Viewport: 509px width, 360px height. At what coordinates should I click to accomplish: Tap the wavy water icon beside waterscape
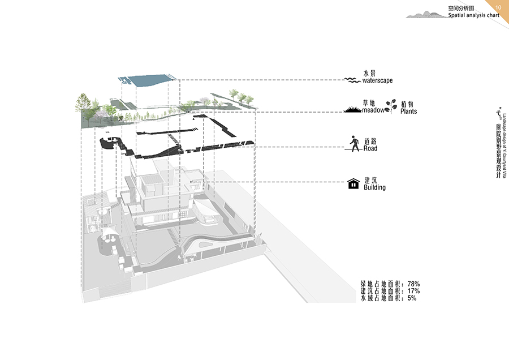tap(353, 80)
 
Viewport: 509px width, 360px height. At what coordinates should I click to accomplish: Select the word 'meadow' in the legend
tap(373, 111)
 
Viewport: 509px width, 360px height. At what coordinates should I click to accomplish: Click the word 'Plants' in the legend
tap(408, 112)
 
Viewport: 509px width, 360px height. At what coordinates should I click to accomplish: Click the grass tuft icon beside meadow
tap(353, 109)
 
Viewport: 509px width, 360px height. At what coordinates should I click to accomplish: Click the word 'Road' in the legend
tap(370, 149)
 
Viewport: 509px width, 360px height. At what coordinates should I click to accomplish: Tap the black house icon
tap(353, 183)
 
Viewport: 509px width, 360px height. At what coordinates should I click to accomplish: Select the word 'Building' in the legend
tap(374, 187)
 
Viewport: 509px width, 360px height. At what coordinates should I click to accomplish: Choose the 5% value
tap(411, 298)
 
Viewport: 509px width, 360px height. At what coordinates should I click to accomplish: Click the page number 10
tap(498, 7)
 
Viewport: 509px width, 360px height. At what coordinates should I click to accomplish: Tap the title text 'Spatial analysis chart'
tap(473, 16)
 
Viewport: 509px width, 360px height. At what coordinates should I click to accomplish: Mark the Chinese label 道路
tap(371, 142)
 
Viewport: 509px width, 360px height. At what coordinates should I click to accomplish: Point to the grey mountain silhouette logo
tap(425, 14)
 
